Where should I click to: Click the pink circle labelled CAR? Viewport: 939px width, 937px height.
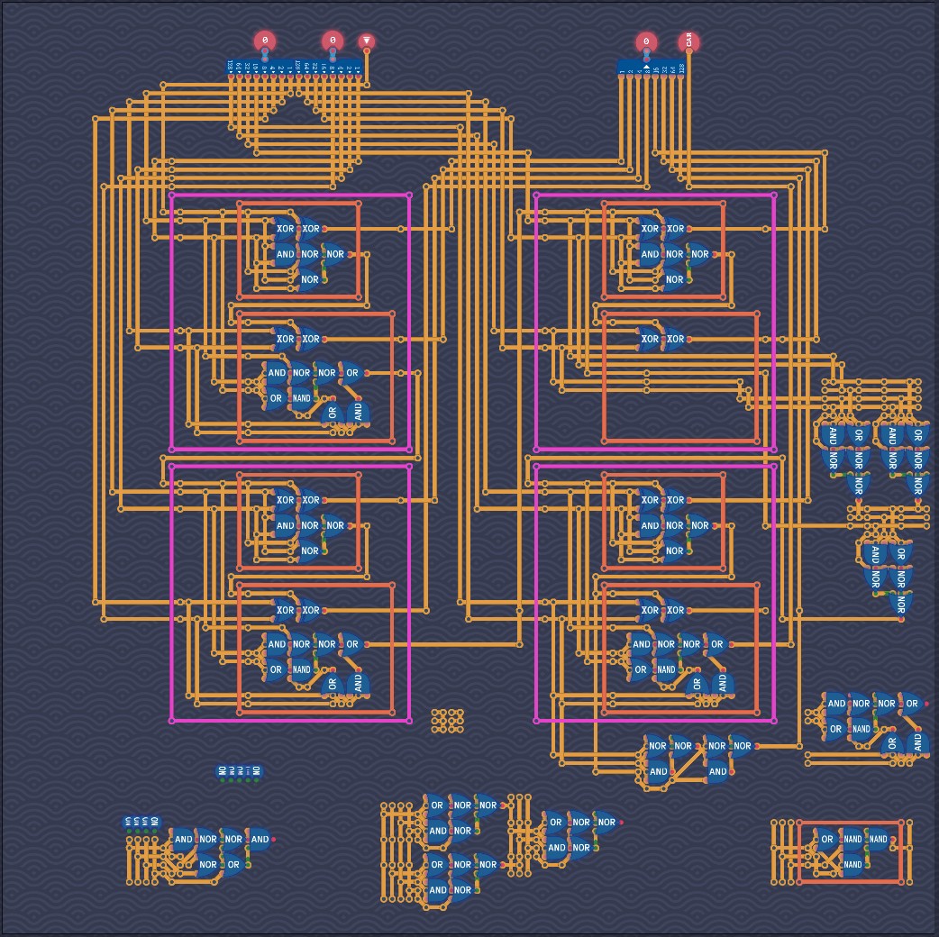click(x=689, y=41)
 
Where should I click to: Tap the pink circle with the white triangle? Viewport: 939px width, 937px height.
click(x=366, y=41)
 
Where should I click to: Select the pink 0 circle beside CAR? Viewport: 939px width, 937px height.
click(x=646, y=41)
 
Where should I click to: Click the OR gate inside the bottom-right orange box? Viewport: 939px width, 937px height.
click(x=826, y=840)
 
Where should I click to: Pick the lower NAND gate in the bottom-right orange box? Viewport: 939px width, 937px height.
click(x=852, y=865)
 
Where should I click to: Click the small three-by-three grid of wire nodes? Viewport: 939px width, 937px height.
click(x=447, y=720)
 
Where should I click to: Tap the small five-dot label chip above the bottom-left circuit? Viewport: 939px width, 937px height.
click(x=238, y=771)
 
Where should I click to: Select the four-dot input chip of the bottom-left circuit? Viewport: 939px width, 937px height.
click(x=141, y=822)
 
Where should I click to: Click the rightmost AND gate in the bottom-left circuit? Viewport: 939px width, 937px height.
click(x=260, y=840)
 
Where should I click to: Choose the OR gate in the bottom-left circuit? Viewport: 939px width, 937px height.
click(x=233, y=865)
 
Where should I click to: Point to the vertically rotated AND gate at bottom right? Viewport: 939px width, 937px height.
click(x=916, y=743)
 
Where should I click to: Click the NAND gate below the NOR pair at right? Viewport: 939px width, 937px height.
click(x=861, y=729)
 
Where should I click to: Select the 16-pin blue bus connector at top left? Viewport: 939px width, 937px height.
click(x=295, y=68)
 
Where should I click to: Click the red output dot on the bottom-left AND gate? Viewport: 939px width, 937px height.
click(x=273, y=840)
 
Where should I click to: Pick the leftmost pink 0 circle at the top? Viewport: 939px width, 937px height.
click(x=264, y=41)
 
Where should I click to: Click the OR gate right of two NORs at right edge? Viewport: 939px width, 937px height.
click(x=911, y=704)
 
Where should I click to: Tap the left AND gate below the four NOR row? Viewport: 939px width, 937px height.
click(x=658, y=771)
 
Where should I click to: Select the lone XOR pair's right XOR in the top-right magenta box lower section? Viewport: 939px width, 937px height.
click(x=675, y=340)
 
